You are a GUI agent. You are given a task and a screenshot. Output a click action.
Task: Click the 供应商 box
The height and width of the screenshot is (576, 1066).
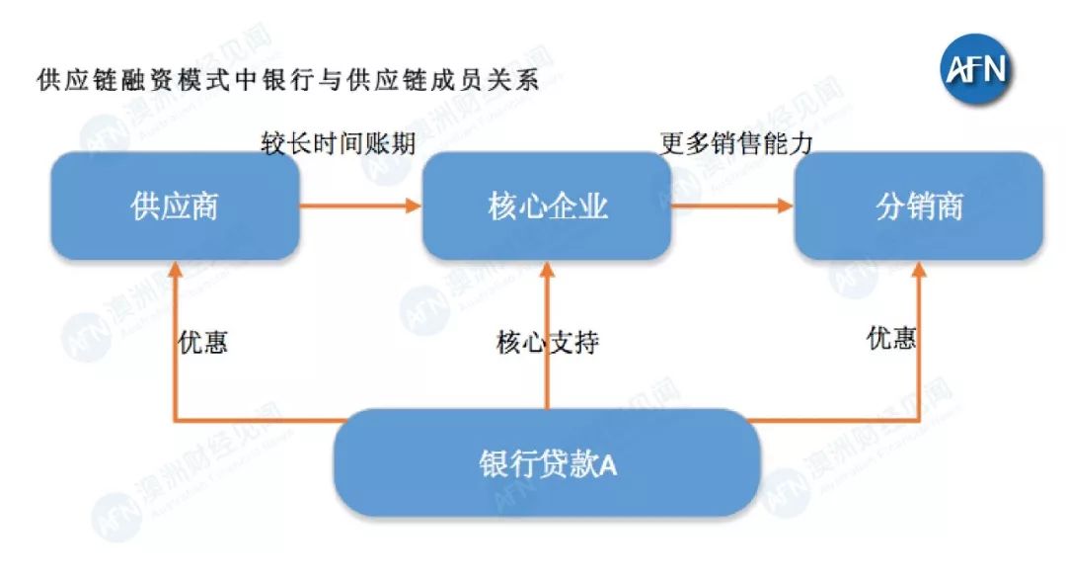(175, 206)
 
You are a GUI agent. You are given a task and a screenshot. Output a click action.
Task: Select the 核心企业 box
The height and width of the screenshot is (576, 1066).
(547, 206)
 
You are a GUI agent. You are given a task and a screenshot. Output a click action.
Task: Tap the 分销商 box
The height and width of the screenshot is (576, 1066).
(919, 206)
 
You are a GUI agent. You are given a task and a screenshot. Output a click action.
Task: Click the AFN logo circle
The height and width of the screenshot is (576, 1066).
(977, 68)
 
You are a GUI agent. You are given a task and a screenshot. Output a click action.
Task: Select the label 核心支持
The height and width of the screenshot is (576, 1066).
(547, 343)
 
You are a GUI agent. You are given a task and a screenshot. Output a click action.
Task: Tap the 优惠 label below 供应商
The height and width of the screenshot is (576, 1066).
(203, 342)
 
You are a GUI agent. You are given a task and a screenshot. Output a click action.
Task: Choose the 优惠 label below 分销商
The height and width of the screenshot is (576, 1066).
(891, 339)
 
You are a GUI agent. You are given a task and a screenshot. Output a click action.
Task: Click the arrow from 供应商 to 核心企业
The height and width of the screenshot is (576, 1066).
(360, 206)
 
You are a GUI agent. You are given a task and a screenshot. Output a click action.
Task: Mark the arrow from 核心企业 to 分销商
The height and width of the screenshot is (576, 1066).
(732, 206)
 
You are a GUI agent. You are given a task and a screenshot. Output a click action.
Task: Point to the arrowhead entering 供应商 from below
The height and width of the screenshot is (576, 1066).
(175, 268)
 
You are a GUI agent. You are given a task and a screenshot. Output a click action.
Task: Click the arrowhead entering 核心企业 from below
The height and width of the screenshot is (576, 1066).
(547, 268)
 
